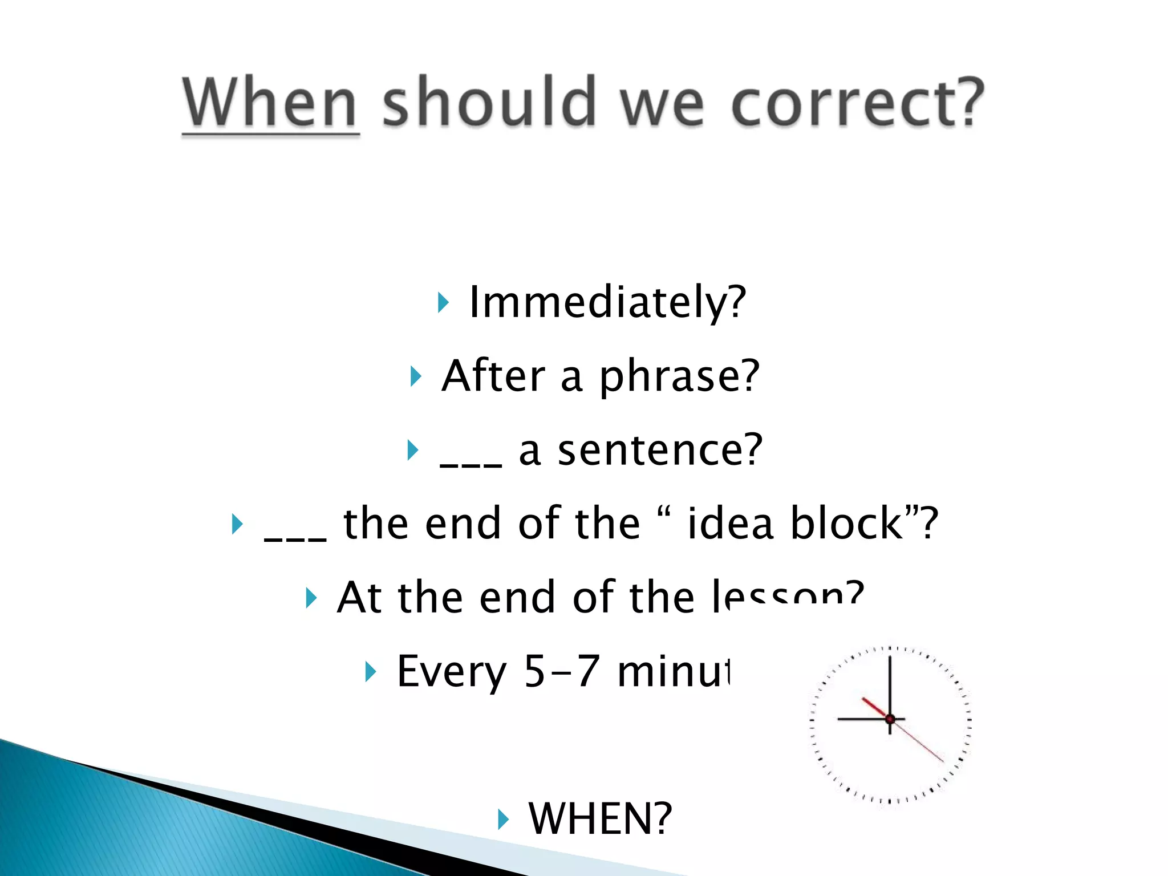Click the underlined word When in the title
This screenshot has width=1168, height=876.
(270, 103)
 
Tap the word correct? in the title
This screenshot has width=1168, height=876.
(857, 103)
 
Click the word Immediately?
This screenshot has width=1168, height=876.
(607, 302)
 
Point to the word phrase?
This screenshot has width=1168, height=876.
(679, 376)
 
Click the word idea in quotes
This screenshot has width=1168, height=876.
(731, 524)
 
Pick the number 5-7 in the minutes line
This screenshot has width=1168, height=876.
(562, 671)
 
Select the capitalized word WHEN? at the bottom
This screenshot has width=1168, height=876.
(601, 819)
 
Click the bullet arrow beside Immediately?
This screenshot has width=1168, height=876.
(443, 302)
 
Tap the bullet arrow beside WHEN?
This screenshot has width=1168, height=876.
(502, 820)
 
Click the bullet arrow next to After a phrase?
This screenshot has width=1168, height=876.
(416, 376)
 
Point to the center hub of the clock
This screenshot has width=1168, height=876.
(890, 719)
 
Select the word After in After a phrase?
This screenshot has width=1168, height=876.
(493, 376)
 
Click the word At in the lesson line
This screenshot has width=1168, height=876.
(359, 598)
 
